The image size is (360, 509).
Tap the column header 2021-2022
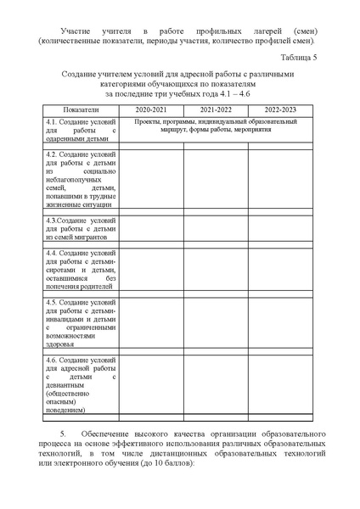click(217, 111)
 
